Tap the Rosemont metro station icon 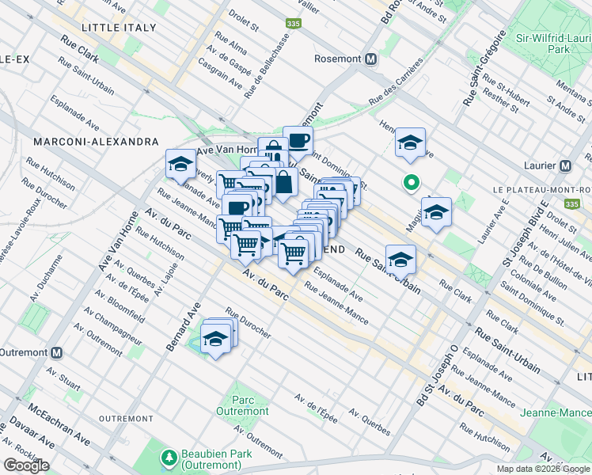370,59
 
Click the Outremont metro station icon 55,352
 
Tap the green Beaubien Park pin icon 168,457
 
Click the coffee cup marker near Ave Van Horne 298,141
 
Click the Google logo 26,465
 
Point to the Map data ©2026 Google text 543,469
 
